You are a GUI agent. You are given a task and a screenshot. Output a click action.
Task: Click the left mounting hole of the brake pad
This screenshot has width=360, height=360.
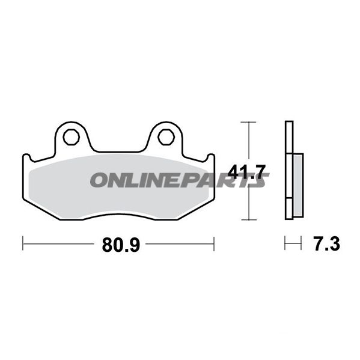click(x=72, y=137)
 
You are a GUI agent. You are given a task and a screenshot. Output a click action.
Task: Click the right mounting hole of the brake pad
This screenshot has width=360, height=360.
click(x=166, y=137)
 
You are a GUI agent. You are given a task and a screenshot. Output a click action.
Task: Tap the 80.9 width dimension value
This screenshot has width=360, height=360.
click(x=121, y=245)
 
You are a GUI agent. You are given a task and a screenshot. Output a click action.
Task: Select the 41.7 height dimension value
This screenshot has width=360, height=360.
click(x=246, y=172)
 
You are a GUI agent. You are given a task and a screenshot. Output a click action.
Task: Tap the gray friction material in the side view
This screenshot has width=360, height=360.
click(x=298, y=185)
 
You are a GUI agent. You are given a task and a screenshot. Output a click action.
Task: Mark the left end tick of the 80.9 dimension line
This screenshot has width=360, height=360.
click(x=23, y=243)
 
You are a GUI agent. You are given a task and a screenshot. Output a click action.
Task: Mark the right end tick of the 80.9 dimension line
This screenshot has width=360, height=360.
click(x=214, y=244)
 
